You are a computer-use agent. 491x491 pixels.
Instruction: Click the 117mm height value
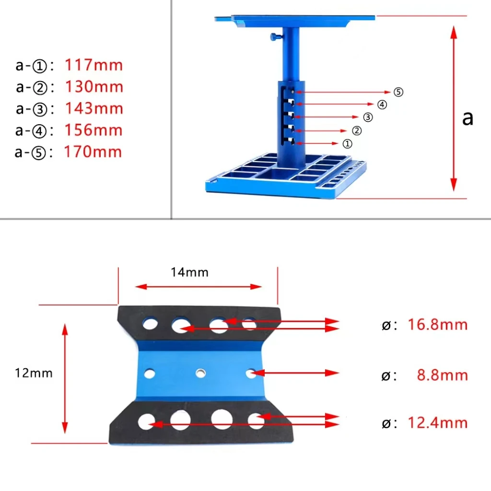point(94,65)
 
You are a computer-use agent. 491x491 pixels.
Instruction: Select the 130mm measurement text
point(94,87)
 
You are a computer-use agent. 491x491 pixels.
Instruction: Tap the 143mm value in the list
point(94,108)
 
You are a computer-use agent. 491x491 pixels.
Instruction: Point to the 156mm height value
point(94,130)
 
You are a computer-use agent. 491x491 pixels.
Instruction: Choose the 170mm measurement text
point(94,152)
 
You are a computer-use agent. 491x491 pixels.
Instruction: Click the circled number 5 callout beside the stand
point(398,92)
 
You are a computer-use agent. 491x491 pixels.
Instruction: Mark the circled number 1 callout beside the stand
point(347,143)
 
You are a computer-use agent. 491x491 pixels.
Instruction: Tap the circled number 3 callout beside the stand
point(368,117)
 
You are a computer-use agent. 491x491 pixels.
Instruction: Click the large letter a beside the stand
point(468,117)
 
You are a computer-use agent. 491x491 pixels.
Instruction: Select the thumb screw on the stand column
point(275,36)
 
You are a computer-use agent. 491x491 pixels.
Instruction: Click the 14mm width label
point(189,273)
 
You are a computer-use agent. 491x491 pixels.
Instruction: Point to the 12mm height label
point(34,373)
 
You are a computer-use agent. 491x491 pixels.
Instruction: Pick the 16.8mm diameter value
point(437,325)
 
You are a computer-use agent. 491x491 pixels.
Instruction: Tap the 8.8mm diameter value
point(442,374)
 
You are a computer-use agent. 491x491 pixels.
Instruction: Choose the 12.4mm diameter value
point(437,423)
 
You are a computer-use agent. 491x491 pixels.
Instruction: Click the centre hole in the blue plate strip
point(200,372)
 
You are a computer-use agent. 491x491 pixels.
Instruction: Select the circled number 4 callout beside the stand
point(382,105)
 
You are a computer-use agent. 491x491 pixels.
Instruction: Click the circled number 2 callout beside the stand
point(357,130)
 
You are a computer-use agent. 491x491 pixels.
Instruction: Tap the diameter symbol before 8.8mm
point(386,375)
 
